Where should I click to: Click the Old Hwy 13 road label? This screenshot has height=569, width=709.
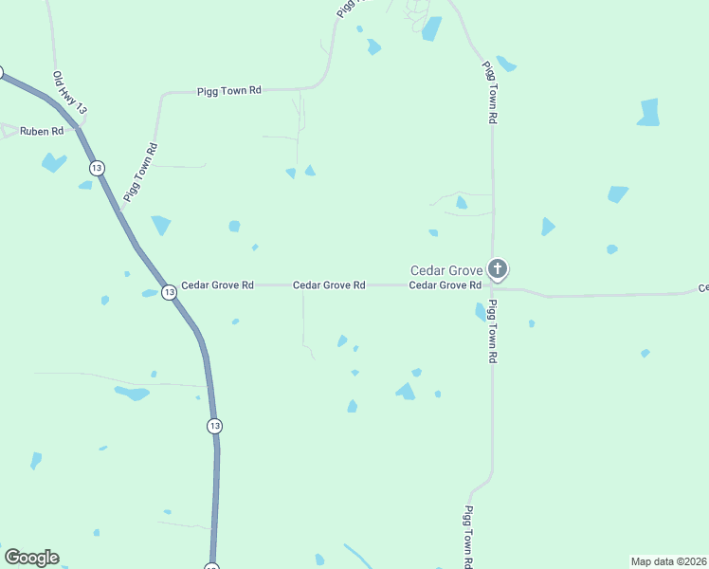click(70, 94)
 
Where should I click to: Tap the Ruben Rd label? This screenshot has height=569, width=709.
click(43, 131)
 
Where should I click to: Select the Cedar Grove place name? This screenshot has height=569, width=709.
click(445, 269)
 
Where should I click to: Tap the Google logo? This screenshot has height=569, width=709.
click(32, 558)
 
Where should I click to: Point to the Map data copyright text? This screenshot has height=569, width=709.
click(668, 560)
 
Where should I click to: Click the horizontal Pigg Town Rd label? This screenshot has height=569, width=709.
click(228, 91)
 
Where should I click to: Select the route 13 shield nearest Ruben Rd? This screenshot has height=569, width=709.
click(97, 168)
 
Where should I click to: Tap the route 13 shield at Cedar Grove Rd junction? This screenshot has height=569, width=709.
click(169, 292)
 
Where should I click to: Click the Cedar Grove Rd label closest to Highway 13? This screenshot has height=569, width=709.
click(218, 284)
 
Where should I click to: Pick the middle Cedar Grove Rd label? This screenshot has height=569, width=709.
click(329, 284)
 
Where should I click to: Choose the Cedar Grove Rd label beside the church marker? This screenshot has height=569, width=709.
click(445, 284)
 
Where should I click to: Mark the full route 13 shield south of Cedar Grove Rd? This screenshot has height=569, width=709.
click(215, 426)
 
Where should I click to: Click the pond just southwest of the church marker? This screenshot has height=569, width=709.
click(481, 311)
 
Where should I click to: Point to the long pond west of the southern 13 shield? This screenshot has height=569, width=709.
click(132, 393)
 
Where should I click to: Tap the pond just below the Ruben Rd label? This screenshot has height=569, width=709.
click(53, 162)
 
